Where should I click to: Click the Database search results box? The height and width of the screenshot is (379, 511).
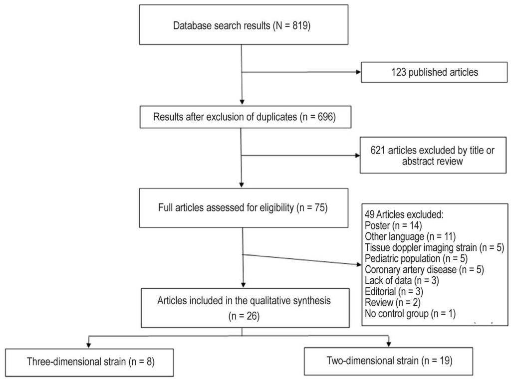[244, 24]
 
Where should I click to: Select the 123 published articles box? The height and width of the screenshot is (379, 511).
[434, 72]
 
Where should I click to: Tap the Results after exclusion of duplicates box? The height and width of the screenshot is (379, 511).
[246, 117]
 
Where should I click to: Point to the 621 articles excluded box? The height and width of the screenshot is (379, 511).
[433, 155]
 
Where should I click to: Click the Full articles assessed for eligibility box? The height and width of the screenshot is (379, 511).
[244, 208]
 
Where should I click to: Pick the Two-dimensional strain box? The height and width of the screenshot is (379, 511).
[388, 361]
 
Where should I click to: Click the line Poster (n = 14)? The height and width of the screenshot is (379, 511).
[393, 225]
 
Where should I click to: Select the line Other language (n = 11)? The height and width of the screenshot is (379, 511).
[410, 236]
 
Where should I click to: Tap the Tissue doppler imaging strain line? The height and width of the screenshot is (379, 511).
[435, 247]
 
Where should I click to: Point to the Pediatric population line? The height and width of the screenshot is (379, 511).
[416, 258]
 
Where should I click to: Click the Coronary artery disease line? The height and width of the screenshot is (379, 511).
[424, 270]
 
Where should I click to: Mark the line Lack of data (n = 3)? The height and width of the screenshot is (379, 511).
[402, 280]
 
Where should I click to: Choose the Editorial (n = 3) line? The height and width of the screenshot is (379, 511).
[394, 291]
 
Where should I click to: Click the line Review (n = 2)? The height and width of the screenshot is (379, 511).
[393, 303]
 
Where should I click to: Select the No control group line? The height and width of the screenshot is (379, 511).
[410, 314]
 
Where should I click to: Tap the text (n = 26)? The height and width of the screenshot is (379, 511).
[244, 316]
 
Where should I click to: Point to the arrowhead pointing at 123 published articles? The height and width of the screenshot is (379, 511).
[359, 72]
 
